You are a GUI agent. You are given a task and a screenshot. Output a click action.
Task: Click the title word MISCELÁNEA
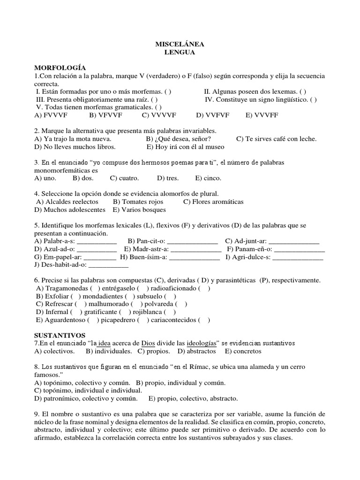(180, 44)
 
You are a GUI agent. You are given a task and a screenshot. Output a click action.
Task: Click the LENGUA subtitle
(180, 52)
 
